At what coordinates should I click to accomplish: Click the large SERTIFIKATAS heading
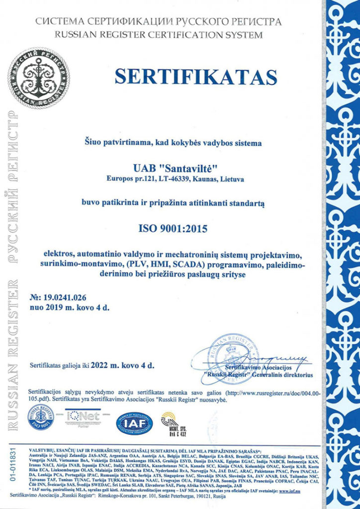(195, 77)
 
